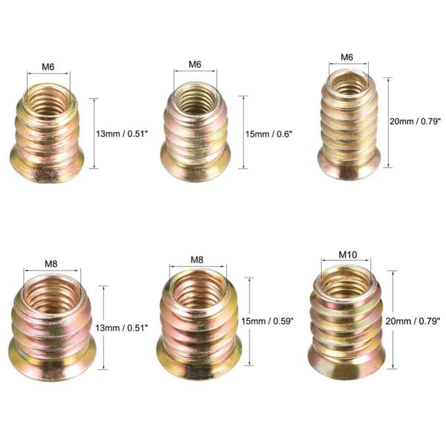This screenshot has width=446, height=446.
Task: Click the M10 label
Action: pyautogui.click(x=348, y=254)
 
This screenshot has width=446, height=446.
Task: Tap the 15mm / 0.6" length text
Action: pyautogui.click(x=269, y=134)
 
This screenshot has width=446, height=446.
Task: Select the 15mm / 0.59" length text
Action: pyautogui.click(x=267, y=321)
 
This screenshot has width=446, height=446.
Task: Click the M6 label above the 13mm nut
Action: pyautogui.click(x=48, y=67)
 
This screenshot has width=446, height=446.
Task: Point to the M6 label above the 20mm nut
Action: pyautogui.click(x=346, y=57)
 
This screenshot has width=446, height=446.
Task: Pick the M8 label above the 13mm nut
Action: pyautogui.click(x=51, y=264)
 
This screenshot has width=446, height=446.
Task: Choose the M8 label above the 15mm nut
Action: pyautogui.click(x=197, y=259)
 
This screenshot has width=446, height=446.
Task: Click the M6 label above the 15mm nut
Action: pyautogui.click(x=195, y=64)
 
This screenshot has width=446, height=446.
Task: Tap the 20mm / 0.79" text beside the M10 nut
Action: pyautogui.click(x=413, y=321)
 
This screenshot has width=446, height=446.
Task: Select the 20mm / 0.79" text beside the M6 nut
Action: pyautogui.click(x=415, y=121)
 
